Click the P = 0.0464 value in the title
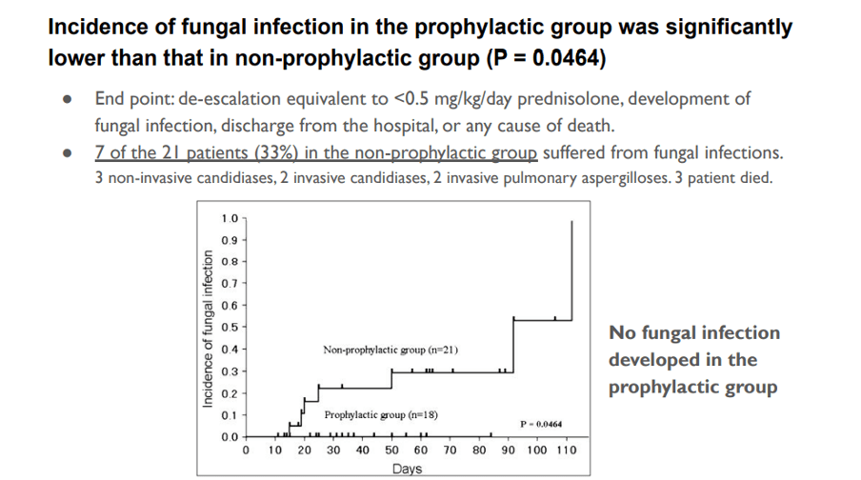click(546, 58)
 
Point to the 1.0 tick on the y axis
click(229, 219)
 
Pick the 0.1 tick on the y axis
click(229, 415)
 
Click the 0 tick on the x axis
click(247, 450)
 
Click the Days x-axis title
click(407, 470)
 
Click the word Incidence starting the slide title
click(94, 27)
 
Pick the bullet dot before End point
click(65, 100)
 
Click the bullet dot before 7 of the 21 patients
click(65, 154)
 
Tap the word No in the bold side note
click(623, 332)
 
